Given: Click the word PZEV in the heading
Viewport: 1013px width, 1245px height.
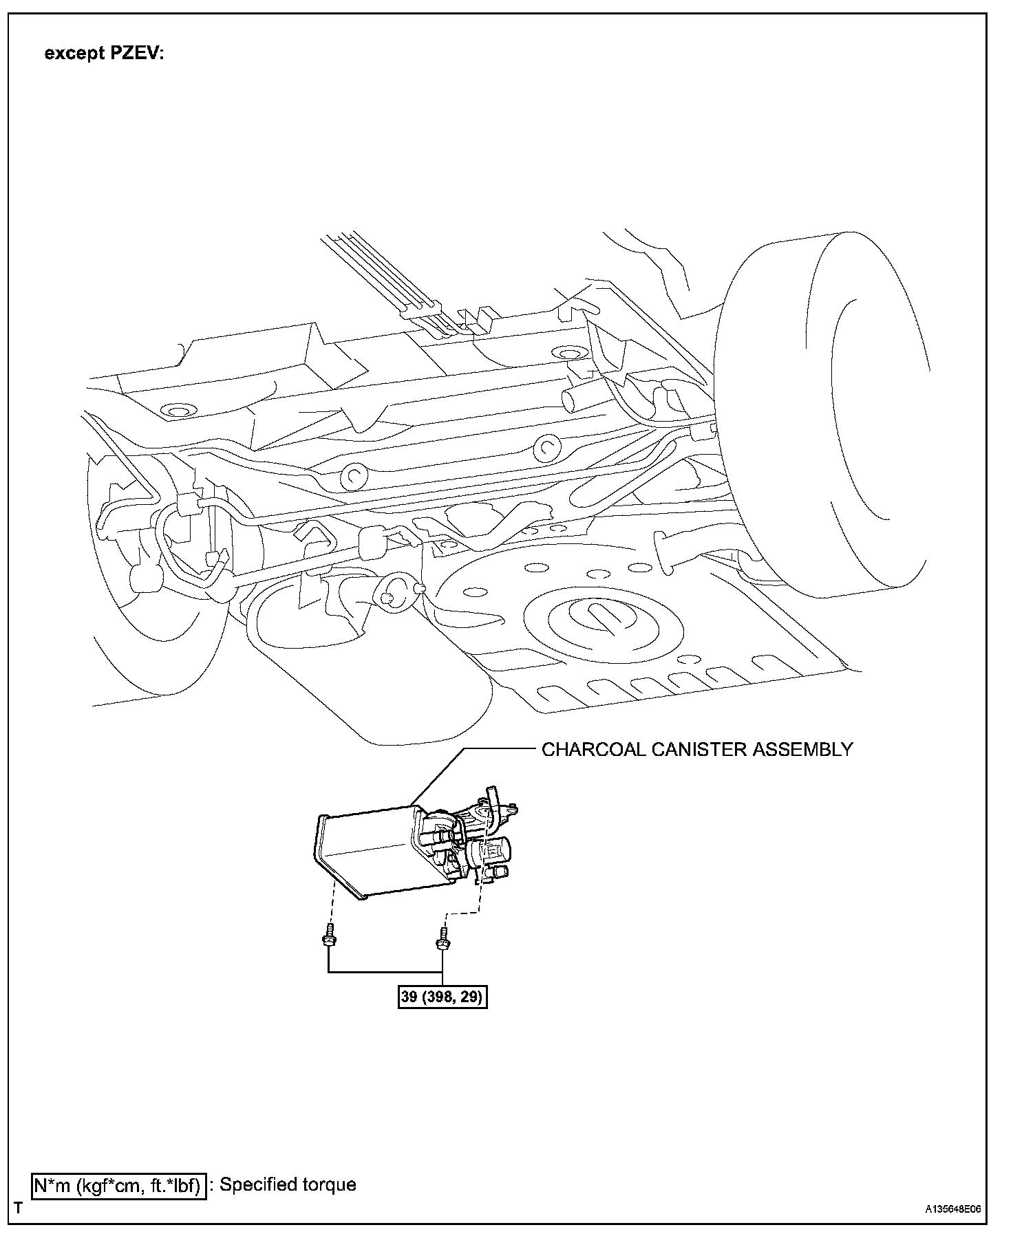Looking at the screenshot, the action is [x=135, y=54].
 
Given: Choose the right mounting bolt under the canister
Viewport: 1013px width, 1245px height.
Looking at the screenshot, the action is [x=440, y=938].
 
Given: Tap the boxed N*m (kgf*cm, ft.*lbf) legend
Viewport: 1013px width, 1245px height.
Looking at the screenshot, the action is [x=118, y=1185].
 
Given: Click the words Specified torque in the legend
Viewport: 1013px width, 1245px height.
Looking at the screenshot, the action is [x=288, y=1185].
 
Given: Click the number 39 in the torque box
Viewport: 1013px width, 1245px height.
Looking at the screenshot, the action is [x=409, y=997].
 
